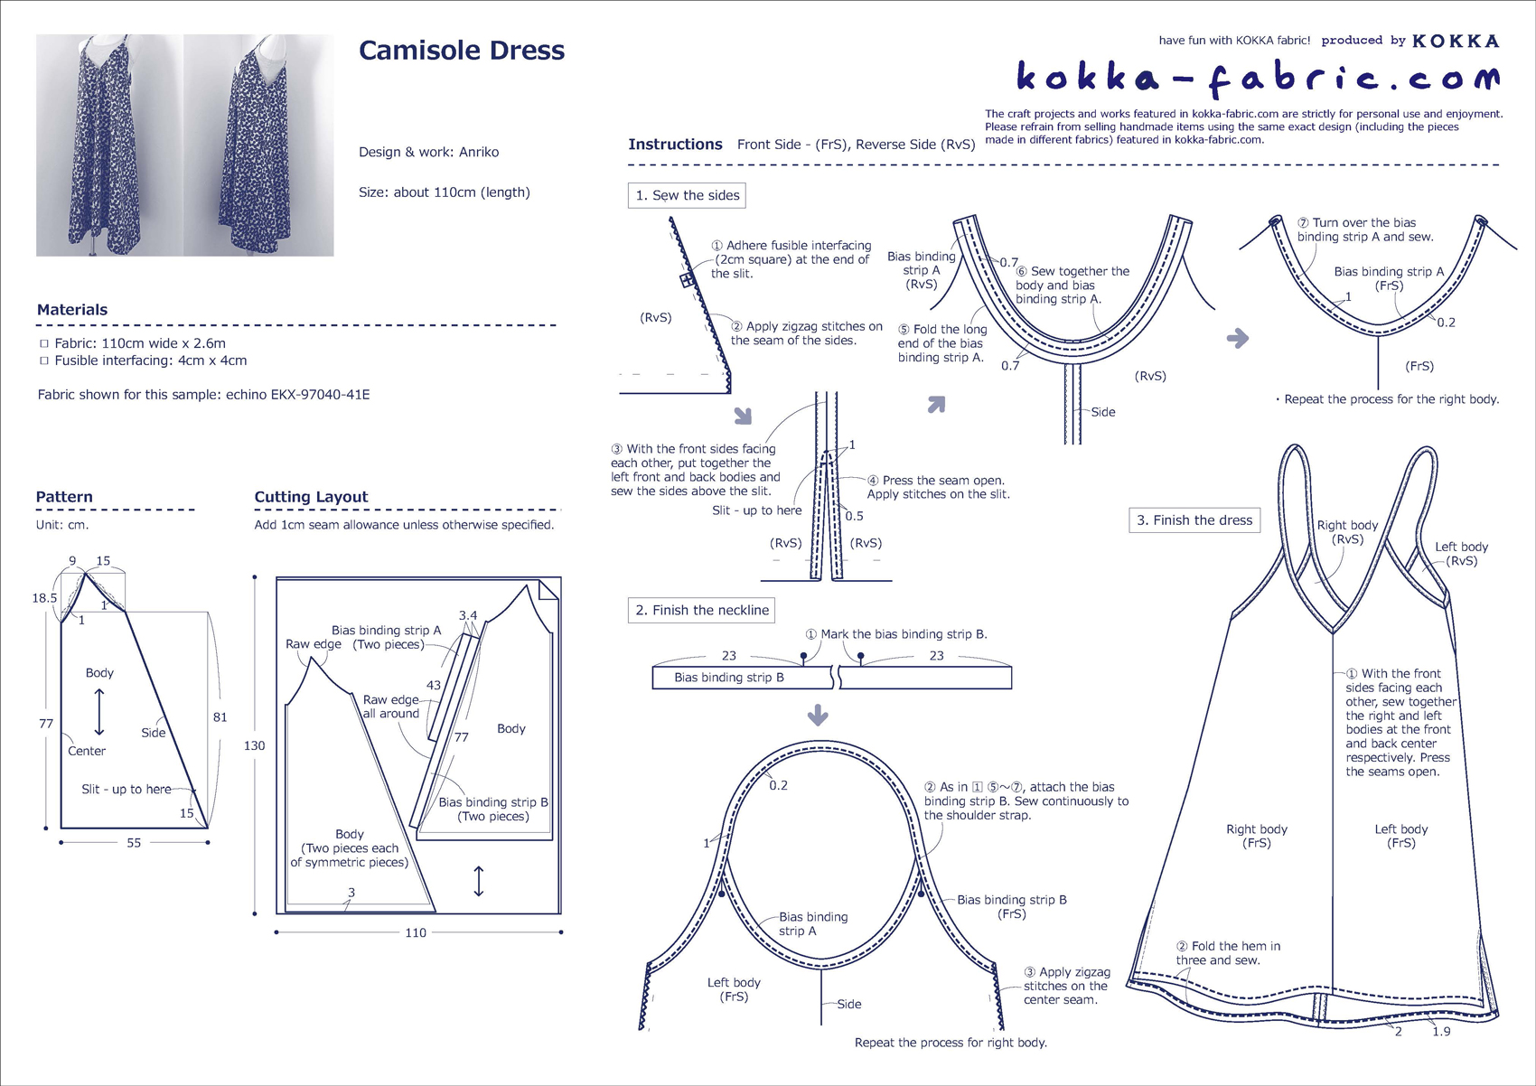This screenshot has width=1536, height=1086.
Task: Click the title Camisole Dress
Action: click(x=462, y=51)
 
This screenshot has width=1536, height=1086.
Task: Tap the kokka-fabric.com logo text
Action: click(x=1258, y=78)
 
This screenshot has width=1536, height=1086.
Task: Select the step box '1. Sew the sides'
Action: click(x=687, y=195)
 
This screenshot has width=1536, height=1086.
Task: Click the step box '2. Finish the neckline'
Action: click(x=702, y=610)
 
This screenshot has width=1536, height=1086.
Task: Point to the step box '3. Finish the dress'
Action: click(x=1194, y=520)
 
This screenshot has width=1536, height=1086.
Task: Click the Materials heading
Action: click(x=72, y=310)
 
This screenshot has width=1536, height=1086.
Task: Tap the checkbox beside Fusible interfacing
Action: click(x=43, y=360)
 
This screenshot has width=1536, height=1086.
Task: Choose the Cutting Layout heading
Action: click(x=311, y=497)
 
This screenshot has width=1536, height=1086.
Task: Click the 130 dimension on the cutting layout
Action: click(x=255, y=745)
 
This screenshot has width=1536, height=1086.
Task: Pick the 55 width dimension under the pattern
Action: click(x=134, y=843)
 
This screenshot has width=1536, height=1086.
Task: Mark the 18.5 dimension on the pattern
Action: click(x=44, y=597)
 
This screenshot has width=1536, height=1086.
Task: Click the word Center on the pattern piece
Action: click(x=87, y=751)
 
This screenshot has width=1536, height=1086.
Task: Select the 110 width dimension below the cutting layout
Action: click(x=416, y=932)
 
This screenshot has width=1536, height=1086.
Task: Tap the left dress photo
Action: click(x=109, y=145)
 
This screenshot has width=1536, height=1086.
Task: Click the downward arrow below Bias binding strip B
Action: click(x=818, y=716)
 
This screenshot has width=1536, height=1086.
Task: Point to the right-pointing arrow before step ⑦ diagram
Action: click(x=1238, y=338)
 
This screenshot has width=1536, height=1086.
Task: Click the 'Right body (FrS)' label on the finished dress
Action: click(x=1257, y=836)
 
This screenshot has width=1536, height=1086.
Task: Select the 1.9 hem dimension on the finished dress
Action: click(x=1441, y=1031)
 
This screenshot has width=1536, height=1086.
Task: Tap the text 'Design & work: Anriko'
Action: click(x=428, y=152)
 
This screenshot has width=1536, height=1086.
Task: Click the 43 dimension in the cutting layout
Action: click(x=434, y=685)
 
